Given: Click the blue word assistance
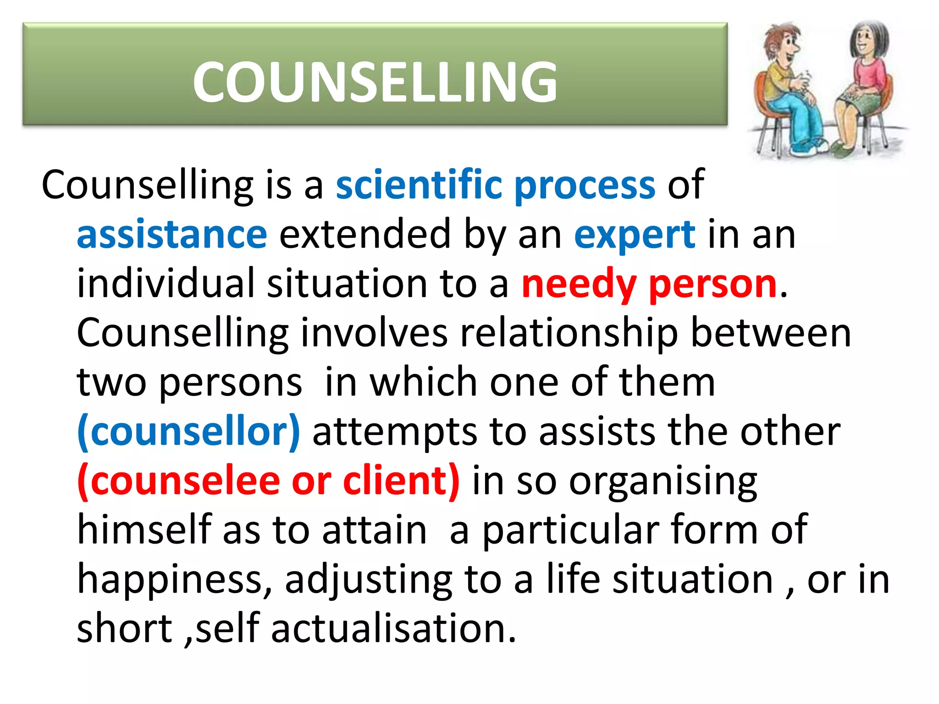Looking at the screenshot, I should pyautogui.click(x=172, y=234).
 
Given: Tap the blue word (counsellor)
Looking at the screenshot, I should pyautogui.click(x=188, y=432).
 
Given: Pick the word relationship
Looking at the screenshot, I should pyautogui.click(x=569, y=334).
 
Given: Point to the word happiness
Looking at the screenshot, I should pyautogui.click(x=174, y=580).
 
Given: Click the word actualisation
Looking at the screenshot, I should pyautogui.click(x=393, y=628).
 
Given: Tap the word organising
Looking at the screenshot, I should pyautogui.click(x=663, y=483).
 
